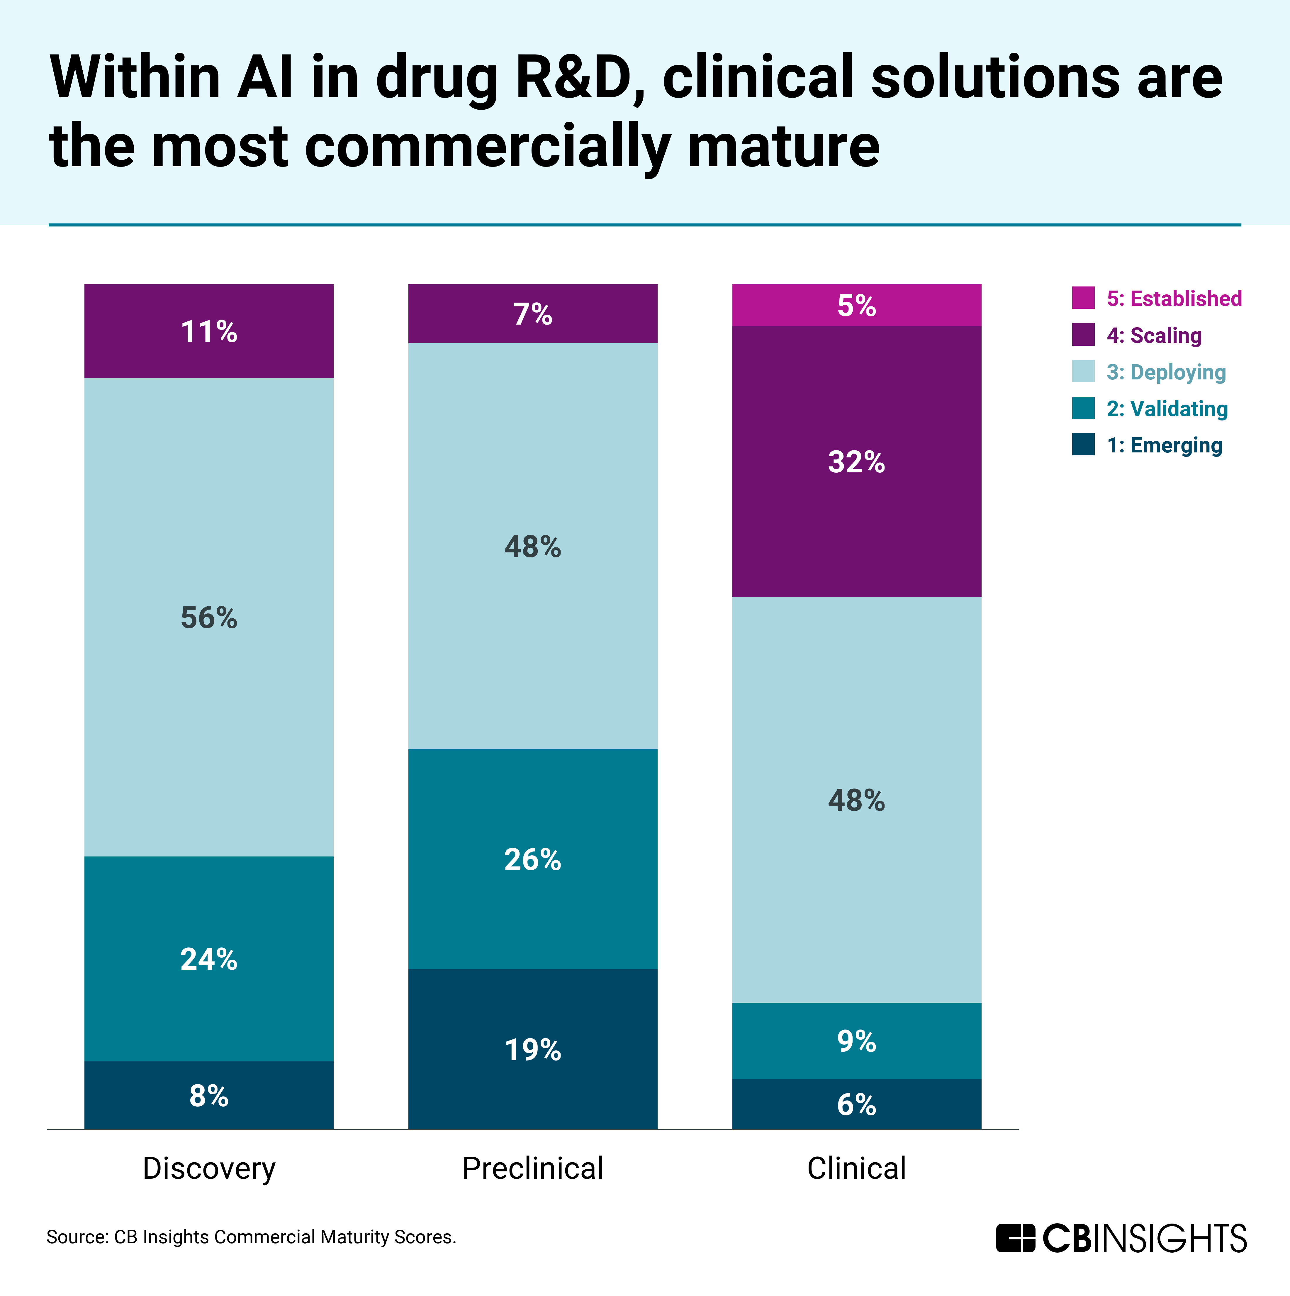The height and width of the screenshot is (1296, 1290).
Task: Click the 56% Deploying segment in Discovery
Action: (209, 617)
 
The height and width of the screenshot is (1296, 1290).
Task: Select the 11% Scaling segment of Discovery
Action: (209, 331)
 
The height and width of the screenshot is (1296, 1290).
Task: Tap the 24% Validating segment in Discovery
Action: (209, 959)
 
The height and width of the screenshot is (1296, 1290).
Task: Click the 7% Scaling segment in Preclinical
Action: (533, 314)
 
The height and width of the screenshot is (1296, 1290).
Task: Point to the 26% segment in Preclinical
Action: (533, 859)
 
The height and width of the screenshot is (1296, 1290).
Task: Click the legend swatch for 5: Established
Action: (1083, 298)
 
